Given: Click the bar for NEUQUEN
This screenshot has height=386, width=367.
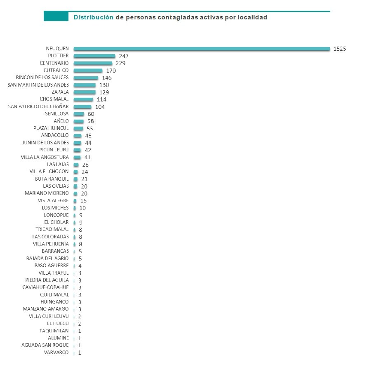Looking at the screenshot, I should (x=202, y=49).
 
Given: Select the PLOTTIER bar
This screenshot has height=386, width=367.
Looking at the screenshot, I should (x=94, y=56).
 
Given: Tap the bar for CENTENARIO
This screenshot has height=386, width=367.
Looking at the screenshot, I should (x=93, y=63).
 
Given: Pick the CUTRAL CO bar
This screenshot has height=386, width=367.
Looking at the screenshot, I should (x=88, y=71).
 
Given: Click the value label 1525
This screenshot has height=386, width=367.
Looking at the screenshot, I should (x=339, y=49).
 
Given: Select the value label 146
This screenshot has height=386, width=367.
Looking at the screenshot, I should (x=107, y=78).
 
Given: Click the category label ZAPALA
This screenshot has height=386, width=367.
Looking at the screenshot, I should (x=60, y=92).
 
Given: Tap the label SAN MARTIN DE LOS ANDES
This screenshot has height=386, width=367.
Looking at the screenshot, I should (x=38, y=85).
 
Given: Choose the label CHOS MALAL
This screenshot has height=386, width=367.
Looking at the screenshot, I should (x=54, y=99).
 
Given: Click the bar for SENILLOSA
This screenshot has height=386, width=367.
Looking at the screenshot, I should (x=79, y=114).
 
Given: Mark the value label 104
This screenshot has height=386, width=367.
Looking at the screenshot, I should (x=100, y=106).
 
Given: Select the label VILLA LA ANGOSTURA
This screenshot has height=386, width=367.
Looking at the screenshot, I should (x=45, y=157).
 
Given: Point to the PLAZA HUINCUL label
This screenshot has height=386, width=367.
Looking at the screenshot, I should (x=51, y=128).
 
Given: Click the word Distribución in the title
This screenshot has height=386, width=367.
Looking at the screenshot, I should (x=93, y=17).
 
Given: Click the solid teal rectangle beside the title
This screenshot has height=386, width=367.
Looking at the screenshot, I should (x=56, y=16).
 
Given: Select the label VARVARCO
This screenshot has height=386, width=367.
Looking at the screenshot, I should (x=56, y=353).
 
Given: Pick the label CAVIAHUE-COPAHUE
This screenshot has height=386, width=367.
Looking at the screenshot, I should (x=45, y=287).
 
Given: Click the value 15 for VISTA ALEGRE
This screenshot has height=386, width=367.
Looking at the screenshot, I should (x=83, y=200).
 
